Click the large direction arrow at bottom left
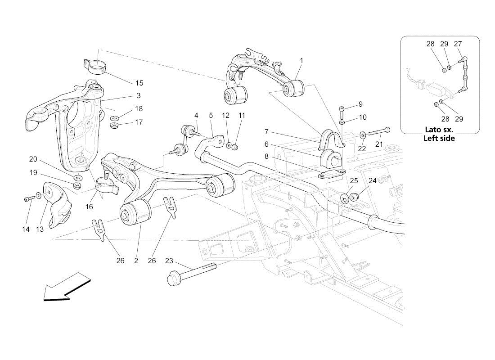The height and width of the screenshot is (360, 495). (65, 286)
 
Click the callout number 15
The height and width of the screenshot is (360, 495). (139, 83)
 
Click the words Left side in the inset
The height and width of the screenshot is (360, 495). (439, 138)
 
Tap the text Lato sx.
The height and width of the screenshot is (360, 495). (439, 130)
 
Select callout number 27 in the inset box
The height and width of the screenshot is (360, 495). (458, 44)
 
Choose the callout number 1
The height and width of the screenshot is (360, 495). (301, 60)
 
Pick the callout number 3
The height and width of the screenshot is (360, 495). (139, 95)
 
